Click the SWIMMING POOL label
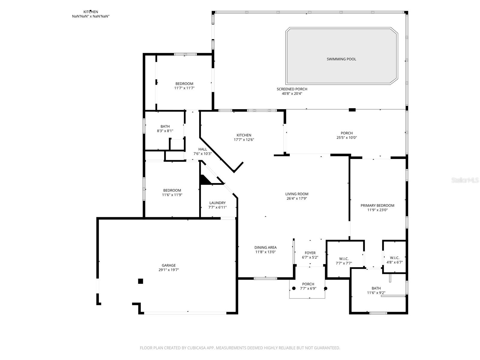tap(341, 59)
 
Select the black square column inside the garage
tap(140, 281)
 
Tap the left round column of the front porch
tap(294, 288)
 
